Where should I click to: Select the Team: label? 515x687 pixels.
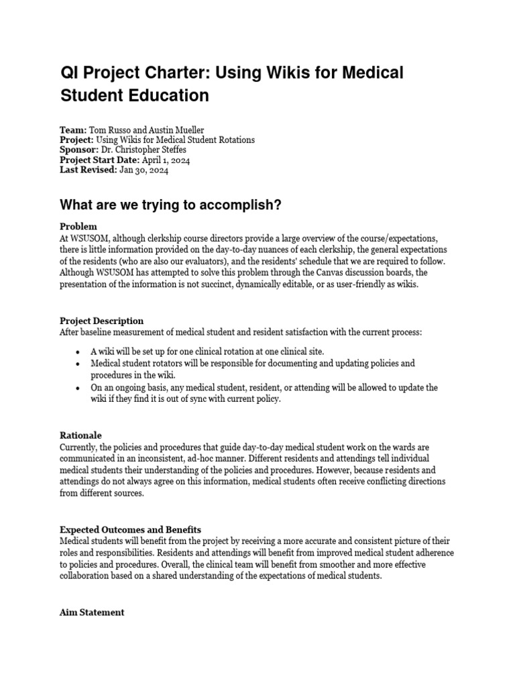pos(73,130)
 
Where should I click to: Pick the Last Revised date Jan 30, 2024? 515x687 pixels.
pos(144,170)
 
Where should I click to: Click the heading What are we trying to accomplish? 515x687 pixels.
pos(170,205)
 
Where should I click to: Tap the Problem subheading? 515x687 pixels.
pos(78,227)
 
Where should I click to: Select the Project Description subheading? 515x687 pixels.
pos(101,321)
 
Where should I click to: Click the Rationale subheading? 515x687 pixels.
pos(80,435)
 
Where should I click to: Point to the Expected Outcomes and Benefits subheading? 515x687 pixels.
pos(130,530)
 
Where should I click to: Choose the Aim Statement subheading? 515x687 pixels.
pos(92,613)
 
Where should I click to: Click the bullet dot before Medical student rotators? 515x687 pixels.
pos(78,363)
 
